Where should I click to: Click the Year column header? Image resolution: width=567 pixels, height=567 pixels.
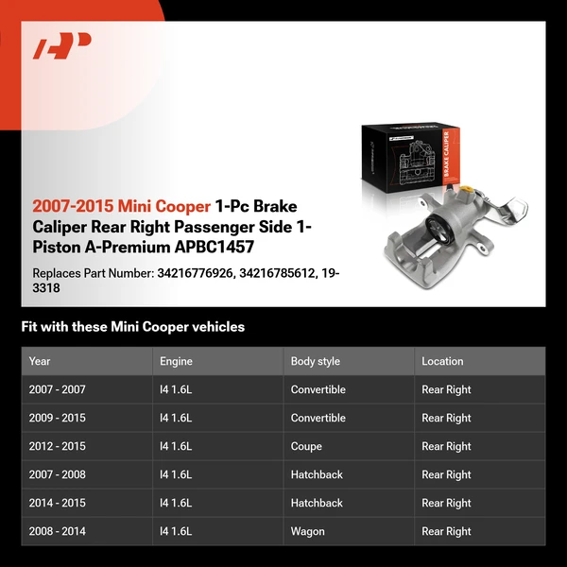click(40, 361)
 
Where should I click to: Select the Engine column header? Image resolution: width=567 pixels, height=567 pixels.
click(176, 361)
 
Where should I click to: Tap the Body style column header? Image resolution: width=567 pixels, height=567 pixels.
click(315, 361)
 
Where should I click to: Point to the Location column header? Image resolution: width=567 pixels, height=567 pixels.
click(442, 361)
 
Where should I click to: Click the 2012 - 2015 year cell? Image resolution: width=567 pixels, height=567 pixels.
click(57, 446)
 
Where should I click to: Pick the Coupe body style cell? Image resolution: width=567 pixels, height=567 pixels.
click(306, 446)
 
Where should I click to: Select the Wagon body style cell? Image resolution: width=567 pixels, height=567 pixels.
click(307, 531)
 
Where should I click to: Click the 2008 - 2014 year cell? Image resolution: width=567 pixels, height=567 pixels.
click(57, 531)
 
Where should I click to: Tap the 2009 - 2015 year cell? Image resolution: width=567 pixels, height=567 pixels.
click(57, 418)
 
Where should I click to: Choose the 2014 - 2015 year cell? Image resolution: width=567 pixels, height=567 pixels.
click(57, 503)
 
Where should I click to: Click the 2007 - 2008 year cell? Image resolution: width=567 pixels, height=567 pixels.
click(57, 474)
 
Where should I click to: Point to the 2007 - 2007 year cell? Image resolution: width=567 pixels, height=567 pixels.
click(57, 389)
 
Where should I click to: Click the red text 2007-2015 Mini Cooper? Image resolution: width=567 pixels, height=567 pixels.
click(122, 205)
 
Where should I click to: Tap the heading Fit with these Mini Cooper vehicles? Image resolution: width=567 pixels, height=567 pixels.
click(132, 327)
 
